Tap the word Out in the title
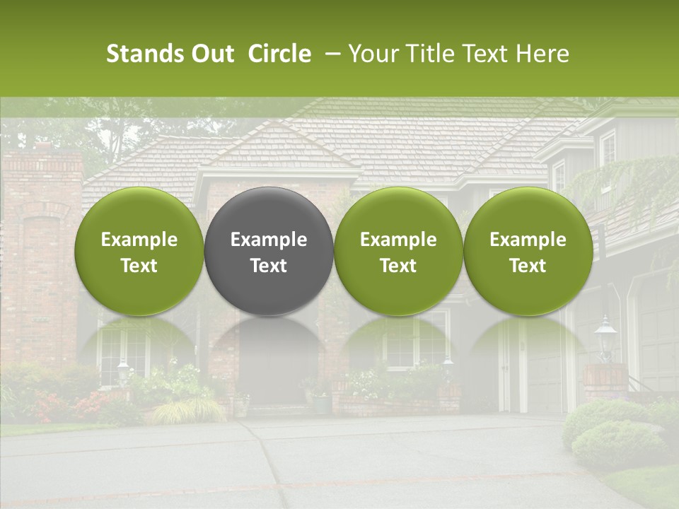pos(211,54)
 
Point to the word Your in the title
pos(371,54)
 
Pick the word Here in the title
pos(543,54)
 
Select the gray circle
pos(269,251)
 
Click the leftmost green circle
pos(139,251)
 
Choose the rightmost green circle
pos(528,251)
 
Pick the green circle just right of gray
pos(398,251)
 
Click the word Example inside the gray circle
pos(269,240)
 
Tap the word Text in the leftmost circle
pos(139,266)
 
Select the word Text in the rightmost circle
pos(528,266)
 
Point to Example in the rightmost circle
pos(528,240)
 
